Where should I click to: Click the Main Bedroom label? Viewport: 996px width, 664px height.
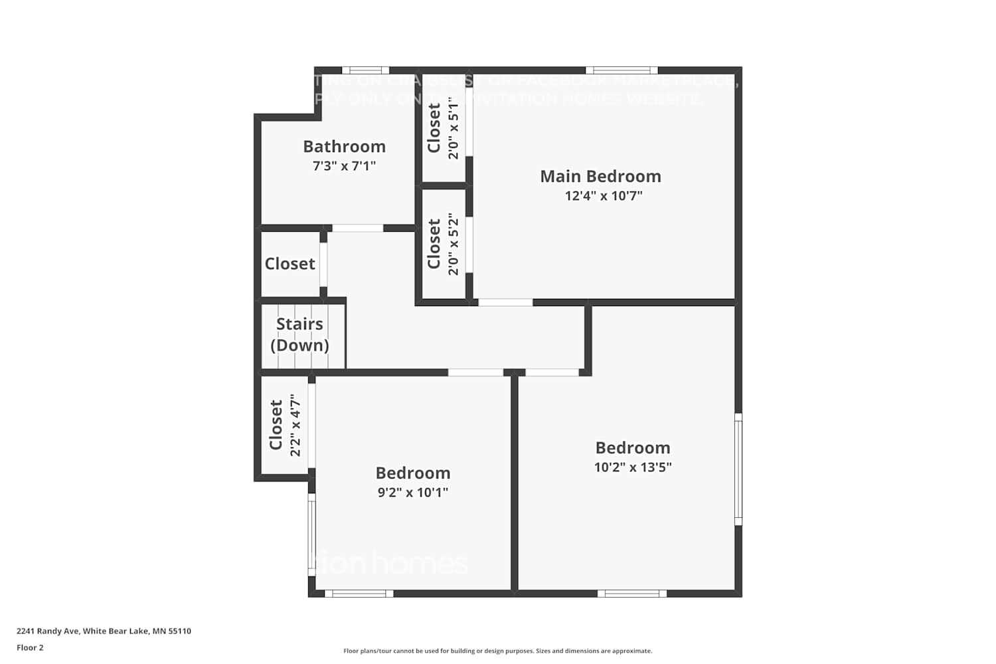[x=600, y=176]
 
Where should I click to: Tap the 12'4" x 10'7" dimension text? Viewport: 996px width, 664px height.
[x=604, y=196]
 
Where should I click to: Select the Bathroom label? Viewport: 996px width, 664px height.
[x=344, y=146]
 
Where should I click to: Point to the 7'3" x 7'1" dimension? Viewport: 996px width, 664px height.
[x=344, y=166]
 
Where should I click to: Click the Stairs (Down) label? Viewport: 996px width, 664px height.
[x=299, y=334]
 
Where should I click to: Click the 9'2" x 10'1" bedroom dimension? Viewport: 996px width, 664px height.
[x=412, y=492]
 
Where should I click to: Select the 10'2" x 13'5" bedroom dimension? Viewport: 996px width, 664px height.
[x=632, y=467]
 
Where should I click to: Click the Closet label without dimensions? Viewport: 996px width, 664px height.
[x=290, y=264]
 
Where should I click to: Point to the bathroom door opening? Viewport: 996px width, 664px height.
[x=357, y=228]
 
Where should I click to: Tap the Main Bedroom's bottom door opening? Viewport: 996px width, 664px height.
[x=505, y=302]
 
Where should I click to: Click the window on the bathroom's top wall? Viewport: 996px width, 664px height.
[x=365, y=70]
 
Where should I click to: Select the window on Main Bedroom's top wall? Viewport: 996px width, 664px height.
[x=622, y=70]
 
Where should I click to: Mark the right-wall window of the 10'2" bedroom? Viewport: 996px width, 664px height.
[x=738, y=469]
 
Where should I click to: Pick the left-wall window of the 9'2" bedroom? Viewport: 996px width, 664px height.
[x=311, y=535]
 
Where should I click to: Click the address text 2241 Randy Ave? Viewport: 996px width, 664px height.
[x=104, y=631]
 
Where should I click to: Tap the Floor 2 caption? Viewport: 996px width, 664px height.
[x=30, y=647]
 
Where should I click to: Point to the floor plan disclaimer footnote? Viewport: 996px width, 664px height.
[x=497, y=651]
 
